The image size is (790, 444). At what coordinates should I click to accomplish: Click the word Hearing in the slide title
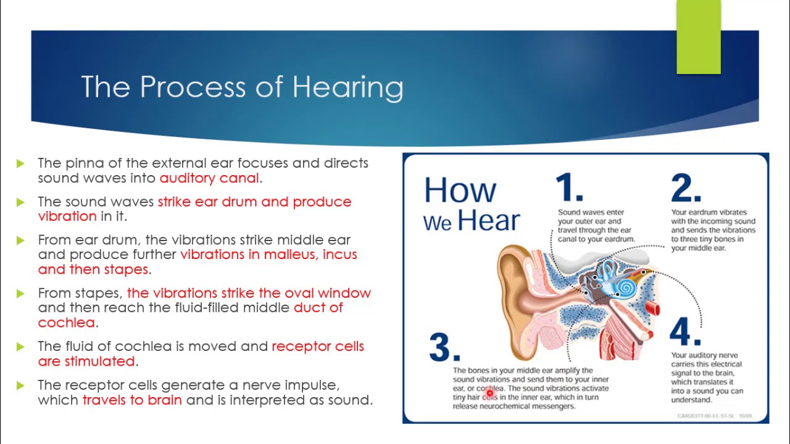point(347,87)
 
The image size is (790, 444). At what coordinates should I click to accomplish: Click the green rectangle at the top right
point(698,37)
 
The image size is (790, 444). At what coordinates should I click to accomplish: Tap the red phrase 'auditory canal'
point(209,178)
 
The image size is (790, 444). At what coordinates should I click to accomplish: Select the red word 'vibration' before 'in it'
point(67,216)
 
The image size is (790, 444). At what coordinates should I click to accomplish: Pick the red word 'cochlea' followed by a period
point(67,323)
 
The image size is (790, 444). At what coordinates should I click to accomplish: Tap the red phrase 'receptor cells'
point(318,346)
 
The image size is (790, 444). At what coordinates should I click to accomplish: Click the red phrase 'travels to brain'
point(132,400)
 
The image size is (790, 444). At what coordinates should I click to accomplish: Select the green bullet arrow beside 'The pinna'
point(21,163)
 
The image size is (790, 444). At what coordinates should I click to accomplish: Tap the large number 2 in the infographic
point(685,187)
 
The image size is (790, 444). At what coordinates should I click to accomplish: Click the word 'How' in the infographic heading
point(460,190)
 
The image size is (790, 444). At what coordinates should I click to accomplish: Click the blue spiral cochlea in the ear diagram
point(626,287)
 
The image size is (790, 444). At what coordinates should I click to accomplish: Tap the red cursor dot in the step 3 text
point(489,393)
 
